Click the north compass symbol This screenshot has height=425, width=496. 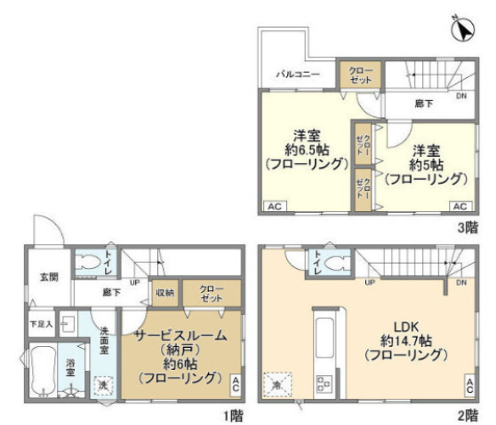460,31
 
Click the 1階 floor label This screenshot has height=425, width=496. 232,414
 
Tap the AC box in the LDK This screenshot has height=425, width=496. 468,385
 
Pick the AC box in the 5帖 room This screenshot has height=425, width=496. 460,206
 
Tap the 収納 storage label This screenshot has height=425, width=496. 165,293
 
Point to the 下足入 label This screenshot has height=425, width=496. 42,324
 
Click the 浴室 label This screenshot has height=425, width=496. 70,365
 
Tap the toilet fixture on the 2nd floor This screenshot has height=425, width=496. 334,263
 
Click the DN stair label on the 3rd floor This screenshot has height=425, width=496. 460,96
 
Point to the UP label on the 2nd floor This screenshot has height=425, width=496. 368,283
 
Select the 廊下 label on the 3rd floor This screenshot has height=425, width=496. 425,103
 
